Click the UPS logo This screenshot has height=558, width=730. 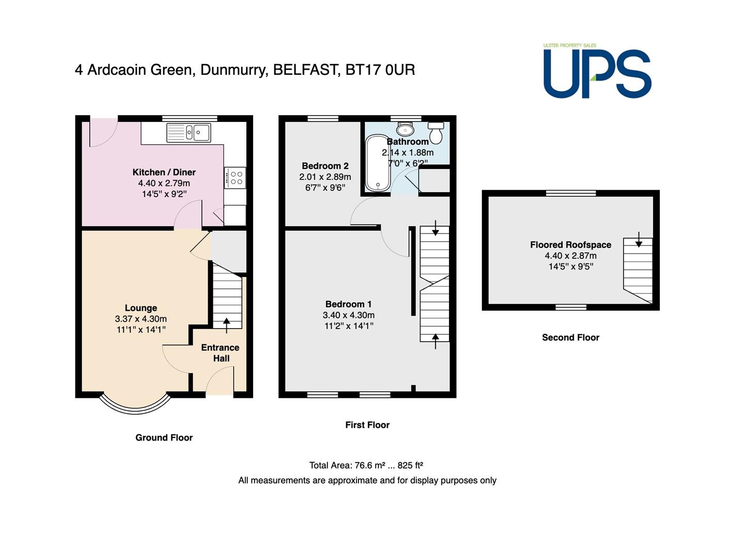597,70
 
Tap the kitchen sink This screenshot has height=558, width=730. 189,132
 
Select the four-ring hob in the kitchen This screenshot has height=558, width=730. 235,178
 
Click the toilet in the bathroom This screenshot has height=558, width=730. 436,133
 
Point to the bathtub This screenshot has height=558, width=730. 378,163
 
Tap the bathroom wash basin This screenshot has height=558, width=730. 405,128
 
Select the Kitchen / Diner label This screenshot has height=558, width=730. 164,172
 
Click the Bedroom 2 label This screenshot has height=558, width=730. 325,166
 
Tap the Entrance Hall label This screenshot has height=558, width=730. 220,353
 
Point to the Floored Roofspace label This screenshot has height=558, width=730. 570,245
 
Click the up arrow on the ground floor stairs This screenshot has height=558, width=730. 226,326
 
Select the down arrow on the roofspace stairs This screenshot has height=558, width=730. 638,240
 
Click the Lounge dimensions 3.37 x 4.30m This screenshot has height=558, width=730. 141,319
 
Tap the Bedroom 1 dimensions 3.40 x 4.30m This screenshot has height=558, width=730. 349,315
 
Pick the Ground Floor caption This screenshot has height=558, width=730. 164,438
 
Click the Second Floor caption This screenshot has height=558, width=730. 570,337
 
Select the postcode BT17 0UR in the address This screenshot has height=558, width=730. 380,70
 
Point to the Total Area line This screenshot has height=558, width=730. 366,465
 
